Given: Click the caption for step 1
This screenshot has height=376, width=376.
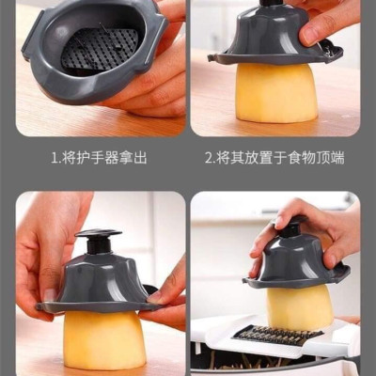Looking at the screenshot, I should tap(99, 158).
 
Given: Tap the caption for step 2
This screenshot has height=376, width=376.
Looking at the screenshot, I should tap(274, 158).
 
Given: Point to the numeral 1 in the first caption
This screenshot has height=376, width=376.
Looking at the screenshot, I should tap(54, 158).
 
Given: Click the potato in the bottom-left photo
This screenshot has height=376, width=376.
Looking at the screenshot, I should tap(103, 338).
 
